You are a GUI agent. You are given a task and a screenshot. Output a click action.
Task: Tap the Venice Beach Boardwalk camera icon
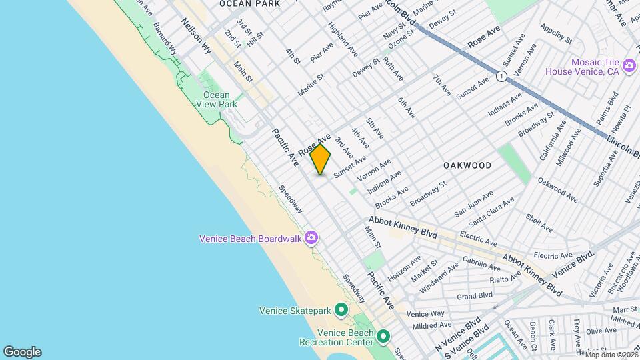coord(311,238)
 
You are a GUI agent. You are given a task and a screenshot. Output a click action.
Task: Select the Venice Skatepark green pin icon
coord(341,310)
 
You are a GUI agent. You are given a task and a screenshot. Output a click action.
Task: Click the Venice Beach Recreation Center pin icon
coord(383,337)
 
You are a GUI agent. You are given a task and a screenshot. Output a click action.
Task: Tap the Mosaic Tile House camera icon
coord(629,66)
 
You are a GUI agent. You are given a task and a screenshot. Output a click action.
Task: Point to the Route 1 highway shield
coord(501,77)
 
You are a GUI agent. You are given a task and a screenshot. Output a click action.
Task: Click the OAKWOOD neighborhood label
coord(467,165)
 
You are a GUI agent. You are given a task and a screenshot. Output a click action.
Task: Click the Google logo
coord(22,352)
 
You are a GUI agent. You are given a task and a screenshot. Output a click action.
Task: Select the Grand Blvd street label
coord(475,295)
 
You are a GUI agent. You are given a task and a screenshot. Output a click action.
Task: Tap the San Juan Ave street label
coord(473,203)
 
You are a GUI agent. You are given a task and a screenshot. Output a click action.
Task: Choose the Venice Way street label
coord(425,313)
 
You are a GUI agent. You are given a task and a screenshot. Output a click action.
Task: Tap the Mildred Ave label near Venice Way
coord(431,326)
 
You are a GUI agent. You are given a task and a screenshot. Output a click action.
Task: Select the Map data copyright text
coord(609,355)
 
